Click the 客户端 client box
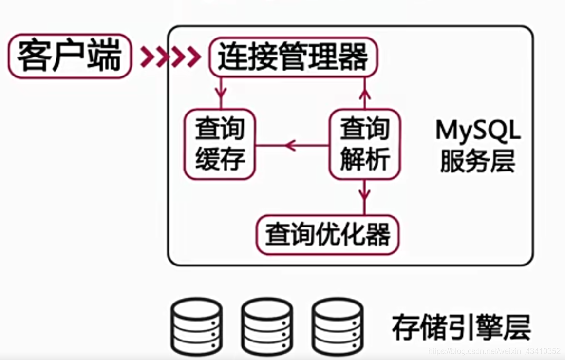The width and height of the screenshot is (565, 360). (69, 57)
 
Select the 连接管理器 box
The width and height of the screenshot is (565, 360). (293, 57)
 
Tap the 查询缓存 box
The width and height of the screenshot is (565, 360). (220, 144)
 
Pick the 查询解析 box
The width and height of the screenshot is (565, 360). (365, 144)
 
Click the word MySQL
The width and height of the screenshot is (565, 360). (478, 131)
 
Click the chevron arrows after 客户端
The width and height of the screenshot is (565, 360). (170, 57)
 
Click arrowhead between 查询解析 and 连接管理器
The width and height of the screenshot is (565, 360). (365, 92)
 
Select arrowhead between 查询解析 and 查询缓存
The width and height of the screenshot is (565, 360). (291, 145)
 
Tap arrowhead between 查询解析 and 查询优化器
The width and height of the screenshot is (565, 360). (365, 196)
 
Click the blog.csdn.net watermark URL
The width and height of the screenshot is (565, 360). (494, 351)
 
